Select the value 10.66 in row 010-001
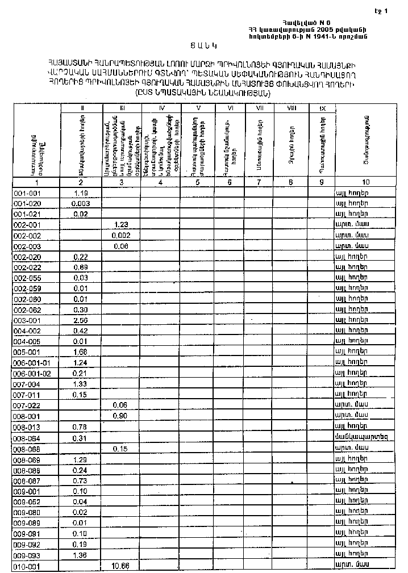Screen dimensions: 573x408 122,566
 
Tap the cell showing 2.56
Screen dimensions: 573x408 81,321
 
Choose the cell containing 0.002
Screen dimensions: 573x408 122,235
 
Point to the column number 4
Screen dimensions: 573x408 161,183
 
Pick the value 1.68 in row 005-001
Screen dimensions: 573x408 81,353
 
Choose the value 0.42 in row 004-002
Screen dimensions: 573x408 81,331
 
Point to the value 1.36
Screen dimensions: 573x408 81,555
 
